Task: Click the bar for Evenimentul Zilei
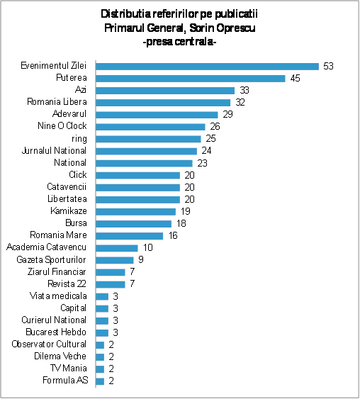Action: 208,67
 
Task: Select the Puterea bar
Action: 191,79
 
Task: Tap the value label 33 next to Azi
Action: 244,90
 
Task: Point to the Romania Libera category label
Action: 57,102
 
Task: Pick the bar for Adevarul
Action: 157,115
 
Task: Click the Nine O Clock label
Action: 62,125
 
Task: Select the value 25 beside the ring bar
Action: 210,138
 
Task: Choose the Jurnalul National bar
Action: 146,151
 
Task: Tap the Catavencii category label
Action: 67,187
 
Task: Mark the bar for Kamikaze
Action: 136,211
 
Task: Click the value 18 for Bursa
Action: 181,223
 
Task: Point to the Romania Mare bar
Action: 130,236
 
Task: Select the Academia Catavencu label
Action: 46,247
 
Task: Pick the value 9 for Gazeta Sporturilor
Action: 141,259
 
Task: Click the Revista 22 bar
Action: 111,284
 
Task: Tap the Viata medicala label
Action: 58,296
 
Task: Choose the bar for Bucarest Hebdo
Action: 102,332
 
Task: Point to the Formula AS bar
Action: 100,381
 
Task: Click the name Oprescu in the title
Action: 235,28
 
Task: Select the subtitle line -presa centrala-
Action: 179,42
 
